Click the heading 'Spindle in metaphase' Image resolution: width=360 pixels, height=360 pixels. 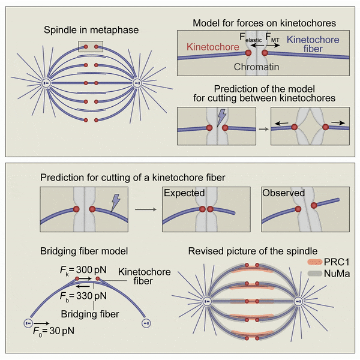[90, 31]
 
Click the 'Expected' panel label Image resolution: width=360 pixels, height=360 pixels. [184, 194]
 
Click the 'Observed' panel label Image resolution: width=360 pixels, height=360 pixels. [283, 194]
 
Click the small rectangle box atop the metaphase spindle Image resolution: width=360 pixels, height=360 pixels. [91, 47]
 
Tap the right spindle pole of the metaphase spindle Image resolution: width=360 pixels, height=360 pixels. [136, 82]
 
